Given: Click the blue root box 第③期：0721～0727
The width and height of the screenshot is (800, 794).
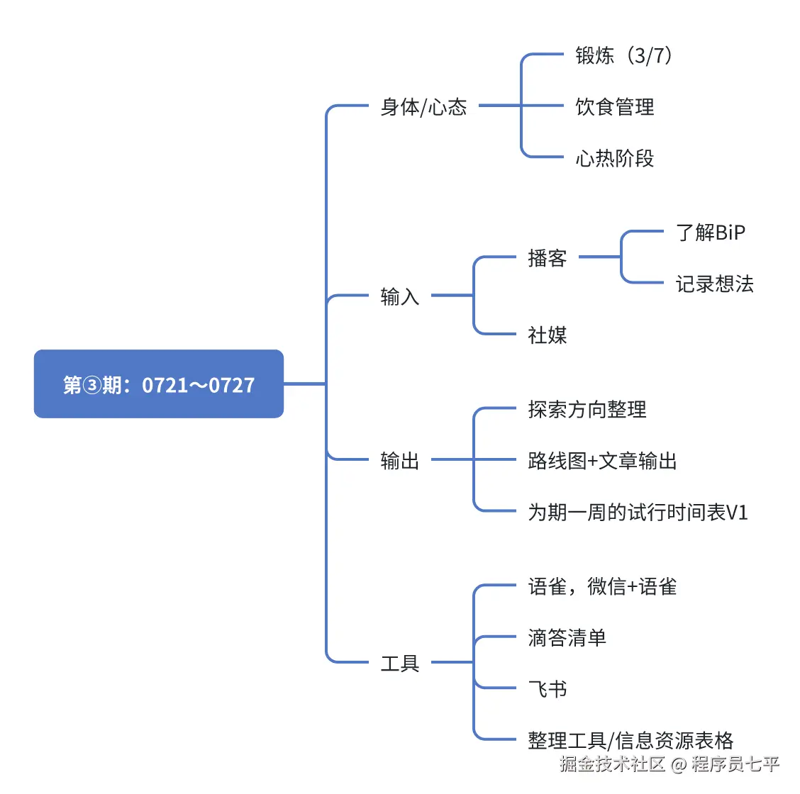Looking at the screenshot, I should [x=159, y=384].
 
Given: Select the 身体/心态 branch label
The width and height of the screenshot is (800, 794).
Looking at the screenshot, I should [x=423, y=107].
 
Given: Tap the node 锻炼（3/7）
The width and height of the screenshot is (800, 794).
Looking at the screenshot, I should [x=623, y=55].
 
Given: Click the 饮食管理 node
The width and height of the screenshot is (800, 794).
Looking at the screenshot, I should [x=614, y=107].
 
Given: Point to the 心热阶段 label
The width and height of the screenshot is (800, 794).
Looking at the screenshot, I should [x=614, y=158].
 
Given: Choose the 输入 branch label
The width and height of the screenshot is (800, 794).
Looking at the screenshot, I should [x=400, y=296].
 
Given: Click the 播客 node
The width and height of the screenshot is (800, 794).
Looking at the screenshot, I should [x=547, y=258].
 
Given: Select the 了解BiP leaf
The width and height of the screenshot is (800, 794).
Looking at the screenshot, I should [x=710, y=233].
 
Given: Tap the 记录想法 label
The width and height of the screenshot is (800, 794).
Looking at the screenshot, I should [x=714, y=284].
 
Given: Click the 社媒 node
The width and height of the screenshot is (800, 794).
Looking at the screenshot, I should [x=547, y=335].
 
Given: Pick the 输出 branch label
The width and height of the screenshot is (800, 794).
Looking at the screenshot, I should [x=400, y=461].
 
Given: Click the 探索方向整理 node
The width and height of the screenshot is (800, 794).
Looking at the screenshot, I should [x=587, y=409].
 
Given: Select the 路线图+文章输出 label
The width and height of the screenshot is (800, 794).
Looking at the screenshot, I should [x=602, y=461].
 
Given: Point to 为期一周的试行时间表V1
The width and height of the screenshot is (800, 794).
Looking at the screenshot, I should [x=638, y=512].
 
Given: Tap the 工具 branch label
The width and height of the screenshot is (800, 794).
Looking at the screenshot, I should [x=400, y=664].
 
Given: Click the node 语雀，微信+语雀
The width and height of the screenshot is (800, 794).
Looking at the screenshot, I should [x=602, y=586].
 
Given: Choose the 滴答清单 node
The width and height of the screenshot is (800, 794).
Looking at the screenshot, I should [x=567, y=638].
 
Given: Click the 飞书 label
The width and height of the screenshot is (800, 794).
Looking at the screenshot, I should [x=547, y=689].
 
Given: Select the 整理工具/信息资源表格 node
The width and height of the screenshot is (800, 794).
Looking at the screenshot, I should [x=630, y=741].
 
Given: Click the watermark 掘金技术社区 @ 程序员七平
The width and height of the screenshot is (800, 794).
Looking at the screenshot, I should [x=669, y=764].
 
